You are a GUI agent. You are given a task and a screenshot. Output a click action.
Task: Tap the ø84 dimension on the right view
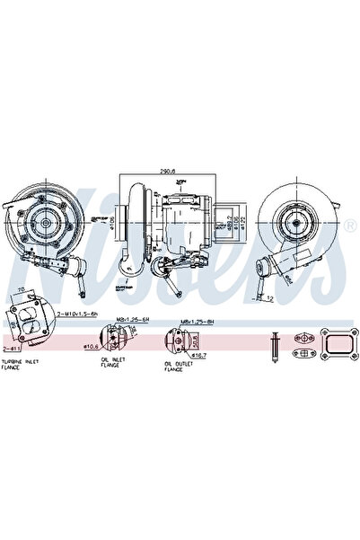point(289,278)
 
